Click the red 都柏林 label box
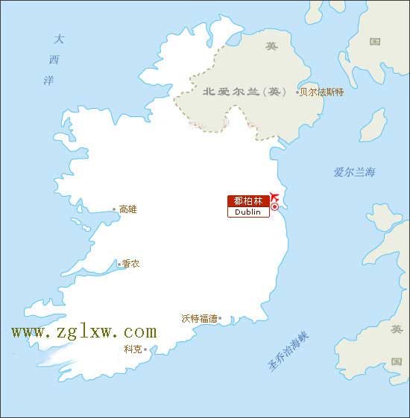[248, 201]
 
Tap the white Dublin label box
[248, 212]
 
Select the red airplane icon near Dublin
[274, 196]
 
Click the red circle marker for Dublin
[274, 206]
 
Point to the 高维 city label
[128, 209]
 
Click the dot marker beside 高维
[114, 209]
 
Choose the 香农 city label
[131, 264]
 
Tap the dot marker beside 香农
[119, 264]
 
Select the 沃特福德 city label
[199, 318]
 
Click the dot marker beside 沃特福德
[219, 319]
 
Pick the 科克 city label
[133, 349]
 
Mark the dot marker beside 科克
[145, 349]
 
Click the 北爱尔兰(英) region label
[244, 92]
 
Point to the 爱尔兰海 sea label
[355, 172]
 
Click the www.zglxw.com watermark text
[83, 332]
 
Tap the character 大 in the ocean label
[59, 39]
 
